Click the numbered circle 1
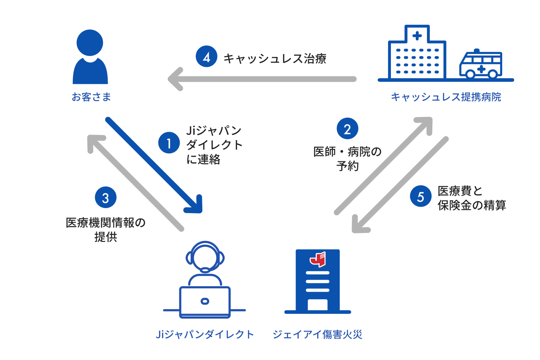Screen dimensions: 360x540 pyautogui.click(x=169, y=143)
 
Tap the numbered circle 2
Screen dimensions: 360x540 pyautogui.click(x=347, y=129)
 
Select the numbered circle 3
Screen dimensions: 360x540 pyautogui.click(x=105, y=197)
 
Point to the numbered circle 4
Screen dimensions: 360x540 pyautogui.click(x=207, y=57)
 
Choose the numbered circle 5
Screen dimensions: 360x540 pyautogui.click(x=420, y=196)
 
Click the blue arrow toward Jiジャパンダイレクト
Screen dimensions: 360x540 pyautogui.click(x=155, y=166)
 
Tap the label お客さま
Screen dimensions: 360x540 pyautogui.click(x=91, y=97)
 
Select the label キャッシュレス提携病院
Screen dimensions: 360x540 pyautogui.click(x=446, y=97)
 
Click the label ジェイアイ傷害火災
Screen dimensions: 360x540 pyautogui.click(x=317, y=334)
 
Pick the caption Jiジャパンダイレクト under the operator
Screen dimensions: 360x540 pyautogui.click(x=205, y=334)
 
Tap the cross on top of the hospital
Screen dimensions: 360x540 pyautogui.click(x=417, y=36)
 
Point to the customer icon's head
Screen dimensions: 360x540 pyautogui.click(x=90, y=42)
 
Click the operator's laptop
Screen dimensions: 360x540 pyautogui.click(x=205, y=302)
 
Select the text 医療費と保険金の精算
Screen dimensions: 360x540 pyautogui.click(x=472, y=198)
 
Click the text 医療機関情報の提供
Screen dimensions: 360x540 pyautogui.click(x=105, y=229)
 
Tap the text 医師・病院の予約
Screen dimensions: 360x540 pyautogui.click(x=347, y=158)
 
